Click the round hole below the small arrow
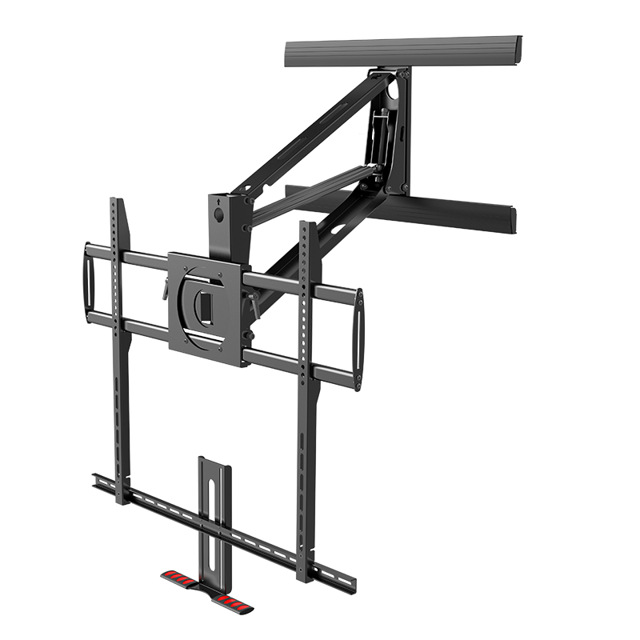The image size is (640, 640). tap(217, 214)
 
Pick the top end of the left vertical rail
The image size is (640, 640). tap(117, 202)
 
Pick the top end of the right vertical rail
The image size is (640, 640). tap(305, 226)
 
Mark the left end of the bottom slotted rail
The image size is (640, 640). tap(97, 478)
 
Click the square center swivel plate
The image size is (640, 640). tap(205, 308)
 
